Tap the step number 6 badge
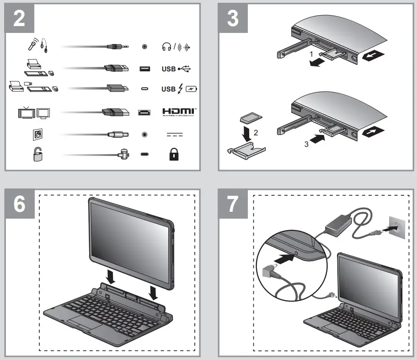point(19,204)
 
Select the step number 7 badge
point(233,204)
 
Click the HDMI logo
point(179,112)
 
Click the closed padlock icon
point(174,155)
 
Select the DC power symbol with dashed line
point(174,135)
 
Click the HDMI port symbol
point(144,112)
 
